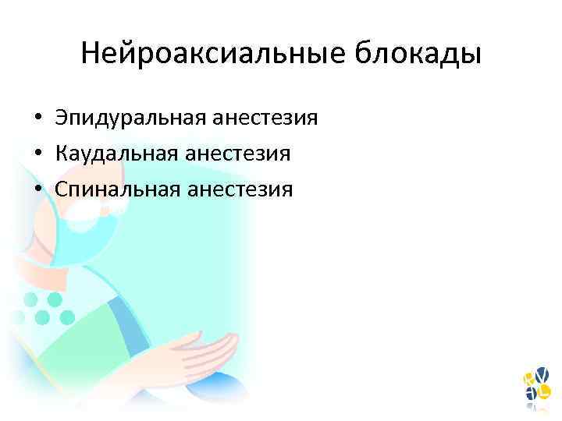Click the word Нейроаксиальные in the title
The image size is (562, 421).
coord(211,55)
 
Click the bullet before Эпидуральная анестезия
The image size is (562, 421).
coord(37,119)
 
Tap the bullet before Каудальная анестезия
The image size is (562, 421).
coord(37,154)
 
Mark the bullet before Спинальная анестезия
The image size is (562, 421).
coord(37,189)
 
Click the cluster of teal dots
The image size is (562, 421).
coord(43,309)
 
